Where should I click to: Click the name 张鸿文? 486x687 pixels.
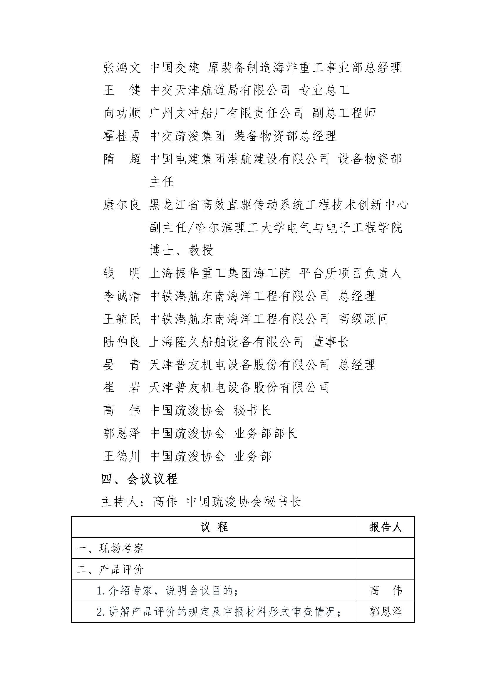pyautogui.click(x=122, y=68)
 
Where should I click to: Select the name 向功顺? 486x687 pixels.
pyautogui.click(x=122, y=113)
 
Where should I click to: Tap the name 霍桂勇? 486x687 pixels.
pyautogui.click(x=122, y=136)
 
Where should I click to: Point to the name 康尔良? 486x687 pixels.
pyautogui.click(x=122, y=205)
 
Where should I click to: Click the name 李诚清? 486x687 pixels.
pyautogui.click(x=122, y=296)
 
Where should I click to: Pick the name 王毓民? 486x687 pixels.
pyautogui.click(x=122, y=319)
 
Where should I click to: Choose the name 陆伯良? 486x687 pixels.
pyautogui.click(x=122, y=342)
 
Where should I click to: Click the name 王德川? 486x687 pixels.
pyautogui.click(x=122, y=456)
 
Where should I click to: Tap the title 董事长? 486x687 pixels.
pyautogui.click(x=331, y=342)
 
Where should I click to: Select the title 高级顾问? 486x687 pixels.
pyautogui.click(x=363, y=319)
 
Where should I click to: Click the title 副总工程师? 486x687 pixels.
pyautogui.click(x=344, y=113)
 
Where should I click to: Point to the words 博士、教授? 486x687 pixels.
pyautogui.click(x=181, y=250)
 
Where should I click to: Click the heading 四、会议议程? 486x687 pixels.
pyautogui.click(x=140, y=479)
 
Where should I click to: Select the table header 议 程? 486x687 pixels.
pyautogui.click(x=214, y=527)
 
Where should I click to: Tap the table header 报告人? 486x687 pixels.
pyautogui.click(x=386, y=527)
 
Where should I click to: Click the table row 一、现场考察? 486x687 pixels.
pyautogui.click(x=110, y=548)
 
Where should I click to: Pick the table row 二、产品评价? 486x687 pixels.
pyautogui.click(x=110, y=570)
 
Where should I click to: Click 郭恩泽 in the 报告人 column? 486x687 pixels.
pyautogui.click(x=386, y=612)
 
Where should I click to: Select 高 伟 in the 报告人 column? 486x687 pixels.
pyautogui.click(x=386, y=591)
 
